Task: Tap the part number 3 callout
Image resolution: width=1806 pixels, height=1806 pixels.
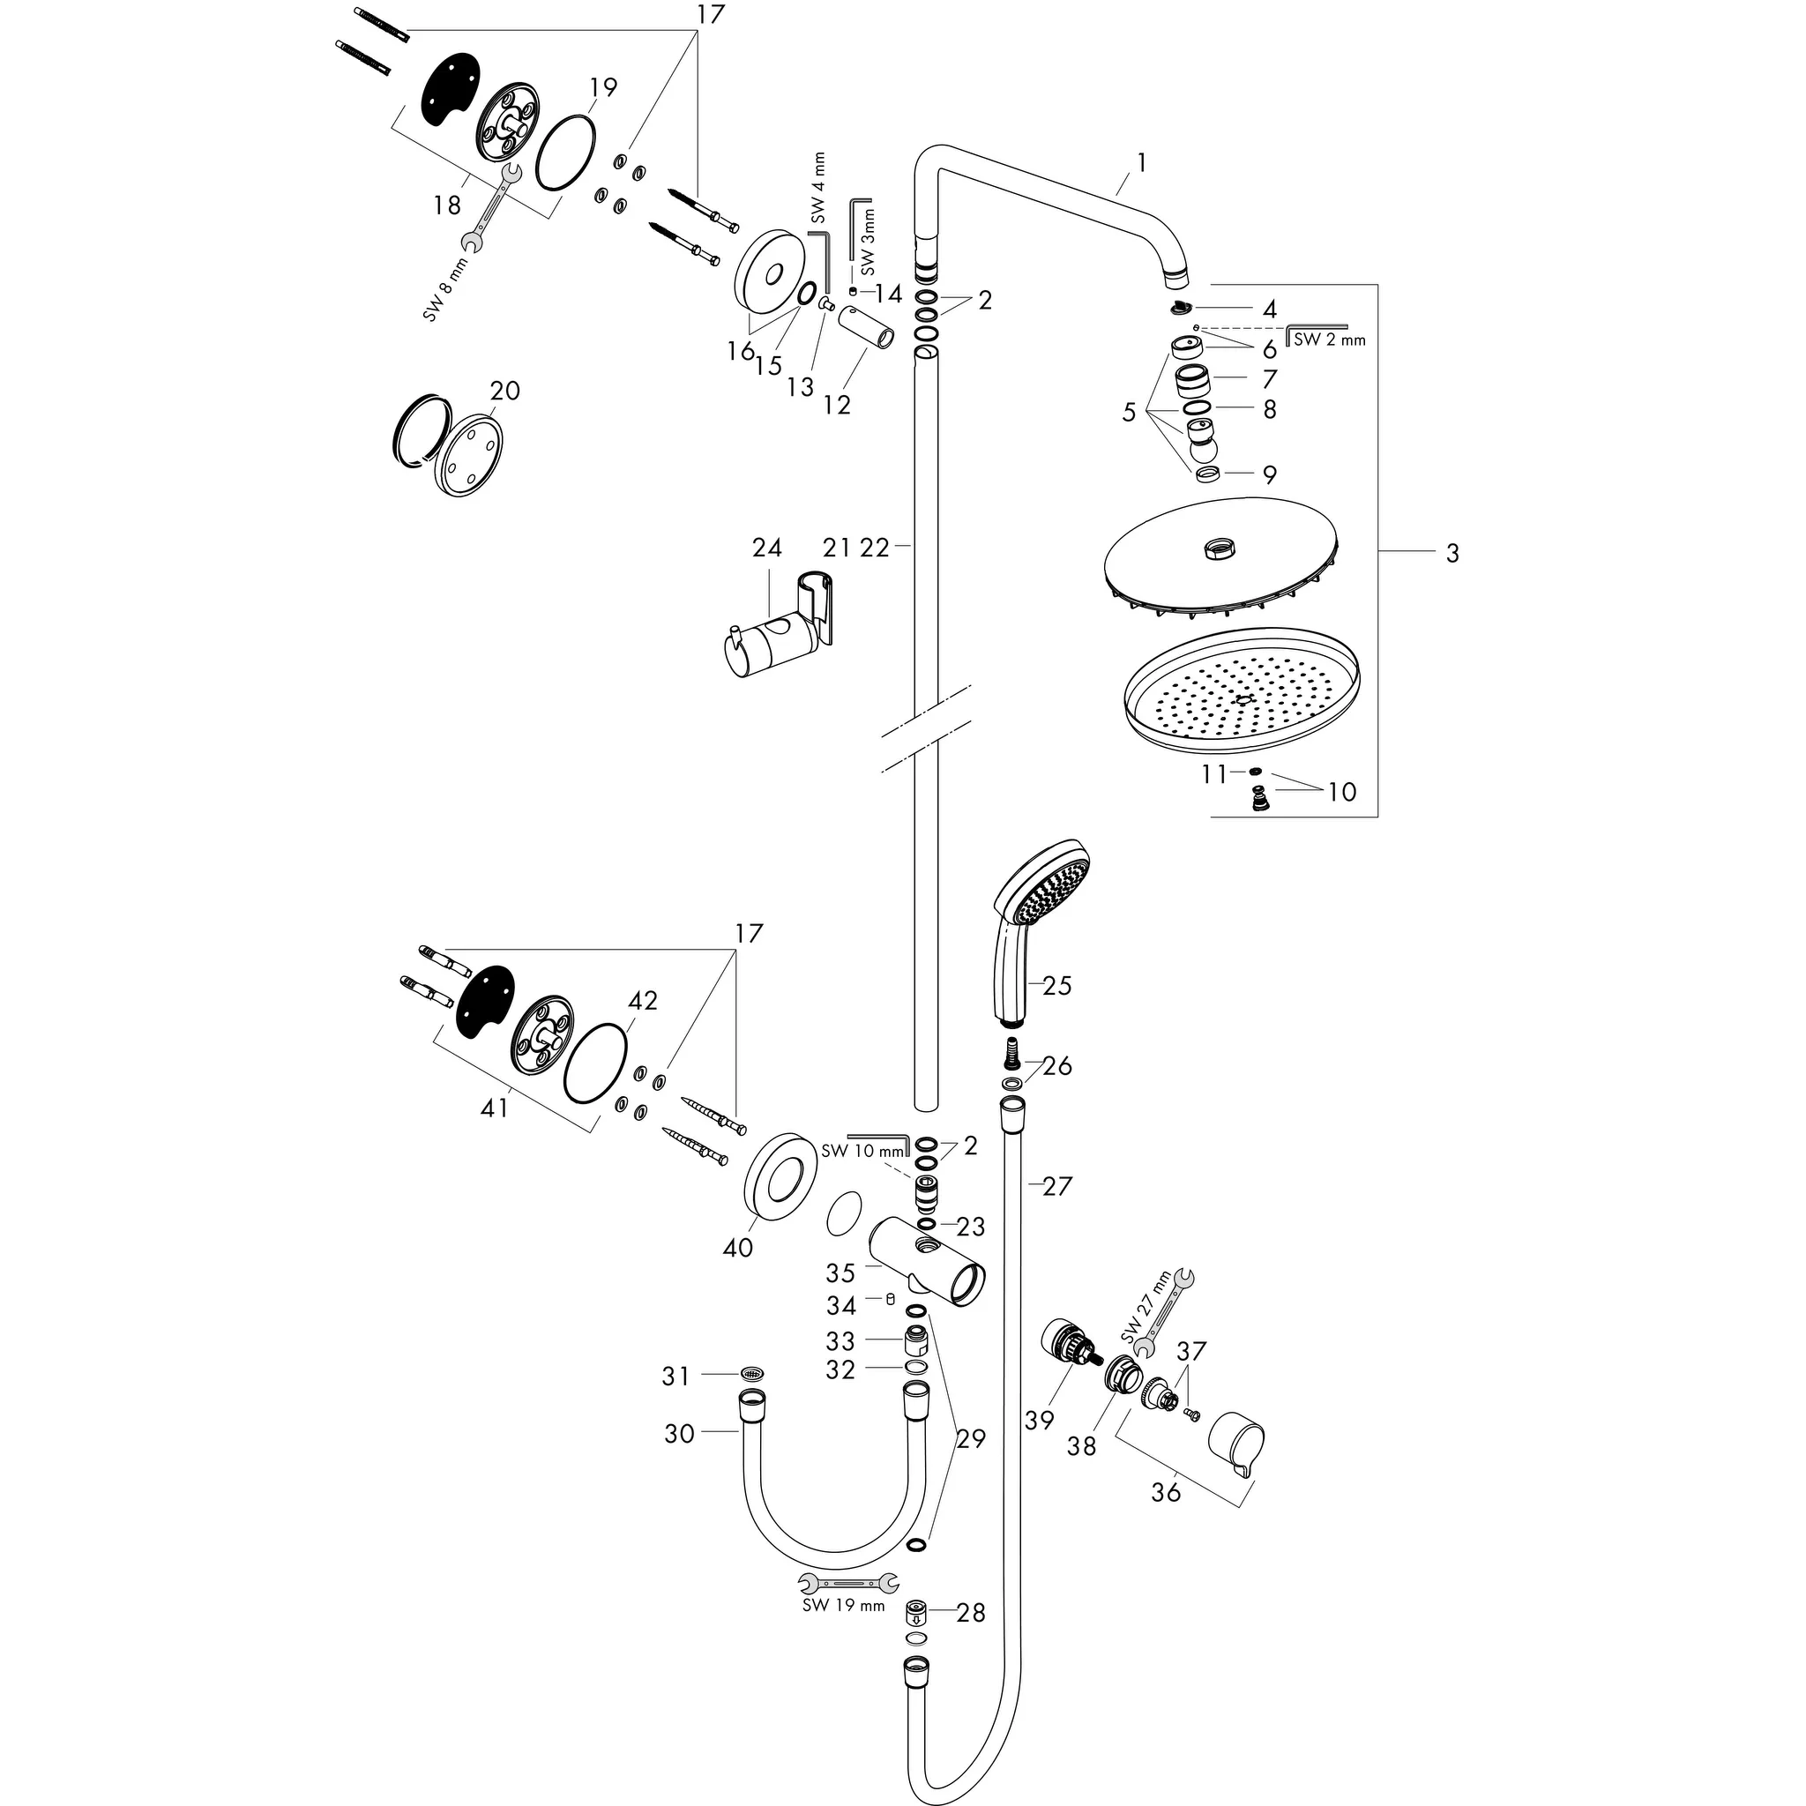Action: tap(1452, 554)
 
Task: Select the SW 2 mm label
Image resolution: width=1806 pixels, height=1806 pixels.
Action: tap(1329, 340)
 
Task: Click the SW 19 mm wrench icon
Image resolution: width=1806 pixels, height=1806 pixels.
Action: tap(849, 1583)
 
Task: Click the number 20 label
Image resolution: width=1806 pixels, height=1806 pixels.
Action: tap(504, 390)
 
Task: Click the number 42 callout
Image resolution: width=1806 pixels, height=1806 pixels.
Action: tap(642, 1000)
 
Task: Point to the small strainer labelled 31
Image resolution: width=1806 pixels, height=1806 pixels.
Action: tap(751, 1373)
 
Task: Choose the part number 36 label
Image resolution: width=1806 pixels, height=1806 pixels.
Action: tap(1166, 1492)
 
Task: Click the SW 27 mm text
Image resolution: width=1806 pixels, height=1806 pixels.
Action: tap(1146, 1306)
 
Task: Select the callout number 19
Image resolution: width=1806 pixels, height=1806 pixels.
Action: tap(604, 87)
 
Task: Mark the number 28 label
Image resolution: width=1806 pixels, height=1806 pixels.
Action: tap(971, 1613)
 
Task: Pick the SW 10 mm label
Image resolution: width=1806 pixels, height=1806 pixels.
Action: tap(863, 1151)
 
